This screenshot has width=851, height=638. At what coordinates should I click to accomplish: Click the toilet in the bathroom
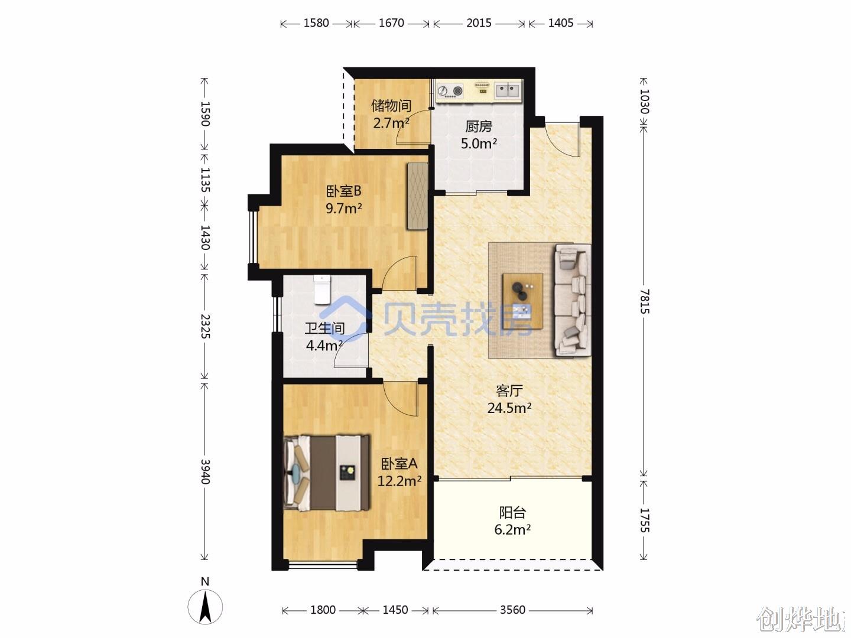point(322,289)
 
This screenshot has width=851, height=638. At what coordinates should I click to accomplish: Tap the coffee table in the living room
point(522,301)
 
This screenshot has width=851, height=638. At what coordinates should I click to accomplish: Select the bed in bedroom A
point(326,473)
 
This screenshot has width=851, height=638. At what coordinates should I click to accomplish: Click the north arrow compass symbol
point(205,607)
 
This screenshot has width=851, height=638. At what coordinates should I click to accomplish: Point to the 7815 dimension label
point(644,301)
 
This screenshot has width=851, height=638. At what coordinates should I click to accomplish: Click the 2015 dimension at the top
point(479,23)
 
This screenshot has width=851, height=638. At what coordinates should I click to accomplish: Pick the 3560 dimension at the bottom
point(512,610)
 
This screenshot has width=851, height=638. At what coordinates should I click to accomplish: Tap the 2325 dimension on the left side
point(205,326)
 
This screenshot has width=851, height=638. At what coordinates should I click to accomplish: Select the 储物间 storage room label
point(391,106)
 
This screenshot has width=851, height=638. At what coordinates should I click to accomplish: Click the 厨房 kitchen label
point(479,126)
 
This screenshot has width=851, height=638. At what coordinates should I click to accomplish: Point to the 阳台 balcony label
point(512,513)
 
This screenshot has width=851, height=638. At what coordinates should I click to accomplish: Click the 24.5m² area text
point(509,408)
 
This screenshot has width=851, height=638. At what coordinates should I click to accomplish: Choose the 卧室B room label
point(343,191)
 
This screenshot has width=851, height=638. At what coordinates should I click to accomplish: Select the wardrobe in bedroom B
point(417,196)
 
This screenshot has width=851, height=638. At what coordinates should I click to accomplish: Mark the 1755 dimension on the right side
point(644,520)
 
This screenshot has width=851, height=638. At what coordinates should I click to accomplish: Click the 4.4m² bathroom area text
point(324,345)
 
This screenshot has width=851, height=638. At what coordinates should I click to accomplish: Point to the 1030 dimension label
point(644,102)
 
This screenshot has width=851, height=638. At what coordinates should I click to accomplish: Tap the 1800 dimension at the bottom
point(323,610)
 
